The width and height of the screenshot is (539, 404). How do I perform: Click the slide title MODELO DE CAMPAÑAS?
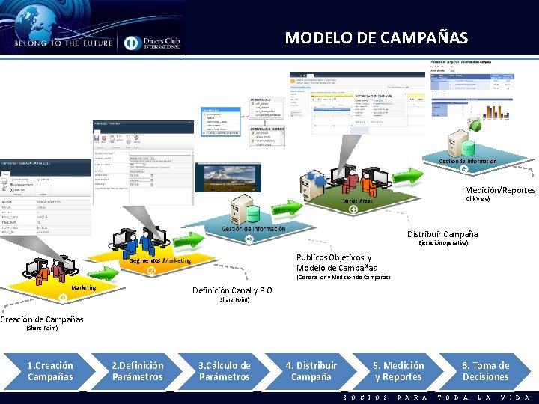[376, 37]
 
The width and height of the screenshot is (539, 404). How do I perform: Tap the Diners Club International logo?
[151, 43]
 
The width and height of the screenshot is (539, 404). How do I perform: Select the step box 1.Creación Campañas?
[50, 371]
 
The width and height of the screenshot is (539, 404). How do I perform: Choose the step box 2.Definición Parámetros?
[137, 371]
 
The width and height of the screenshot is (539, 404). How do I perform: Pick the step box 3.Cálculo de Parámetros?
[224, 371]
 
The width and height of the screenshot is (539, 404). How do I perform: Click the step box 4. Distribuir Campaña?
[311, 371]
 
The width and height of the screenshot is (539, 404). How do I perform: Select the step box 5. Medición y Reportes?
[398, 371]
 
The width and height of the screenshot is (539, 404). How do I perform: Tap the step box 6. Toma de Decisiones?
[485, 371]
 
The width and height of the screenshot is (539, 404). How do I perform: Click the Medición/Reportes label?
[499, 190]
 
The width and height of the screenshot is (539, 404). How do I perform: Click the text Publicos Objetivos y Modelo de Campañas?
[337, 263]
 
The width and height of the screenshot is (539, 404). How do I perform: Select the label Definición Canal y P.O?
[233, 290]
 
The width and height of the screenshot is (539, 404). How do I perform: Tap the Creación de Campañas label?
[42, 319]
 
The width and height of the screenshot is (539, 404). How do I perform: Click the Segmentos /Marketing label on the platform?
[160, 260]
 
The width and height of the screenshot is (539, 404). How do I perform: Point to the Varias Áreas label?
[357, 201]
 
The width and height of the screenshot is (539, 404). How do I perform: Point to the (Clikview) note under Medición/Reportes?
[478, 199]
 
